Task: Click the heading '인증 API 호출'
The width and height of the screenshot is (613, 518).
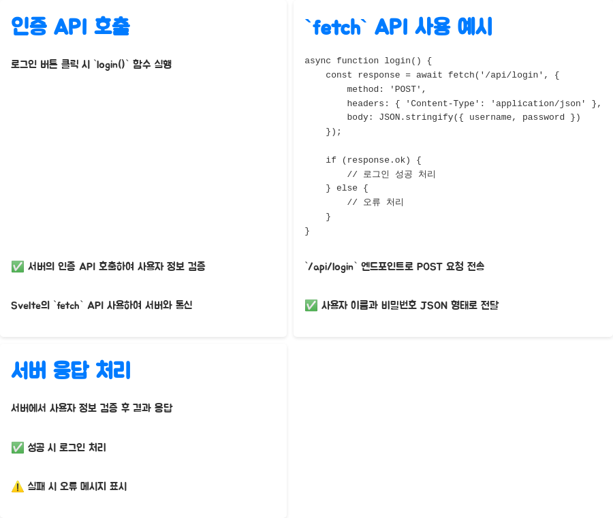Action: point(70,27)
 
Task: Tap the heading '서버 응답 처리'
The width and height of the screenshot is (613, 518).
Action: point(71,370)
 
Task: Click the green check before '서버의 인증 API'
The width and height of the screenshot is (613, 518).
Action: point(18,266)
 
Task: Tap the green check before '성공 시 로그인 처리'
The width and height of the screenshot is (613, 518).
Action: point(18,447)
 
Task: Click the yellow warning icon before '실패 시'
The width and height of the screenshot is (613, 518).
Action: point(18,486)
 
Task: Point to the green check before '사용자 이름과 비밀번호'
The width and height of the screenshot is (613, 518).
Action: point(311,305)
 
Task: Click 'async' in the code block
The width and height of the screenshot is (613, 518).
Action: point(317,61)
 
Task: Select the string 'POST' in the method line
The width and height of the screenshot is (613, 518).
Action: point(408,89)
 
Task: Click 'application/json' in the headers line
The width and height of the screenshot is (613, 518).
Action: point(538,103)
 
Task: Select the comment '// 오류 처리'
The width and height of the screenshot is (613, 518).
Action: point(375,202)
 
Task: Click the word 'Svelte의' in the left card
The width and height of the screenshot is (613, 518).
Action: point(29,305)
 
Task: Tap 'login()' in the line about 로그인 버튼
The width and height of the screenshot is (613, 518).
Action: point(111,64)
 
